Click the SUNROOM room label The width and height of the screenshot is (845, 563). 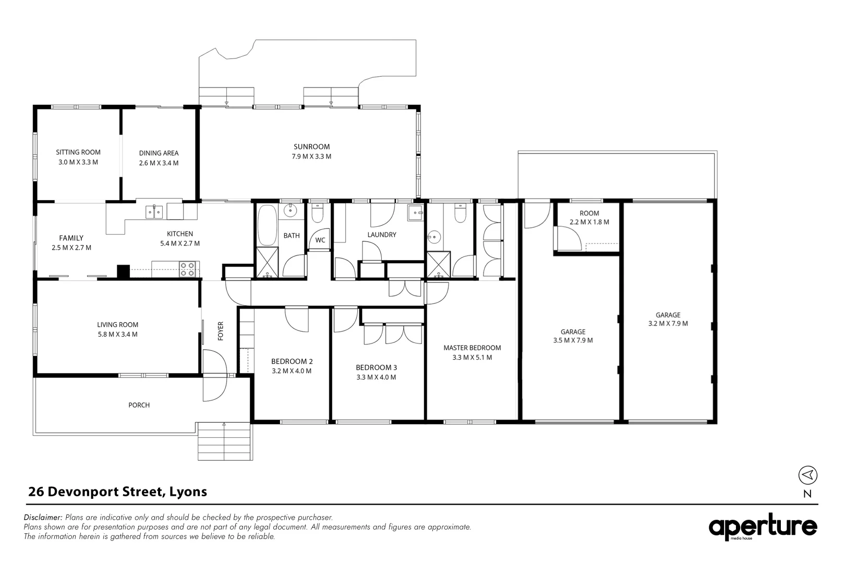click(x=311, y=146)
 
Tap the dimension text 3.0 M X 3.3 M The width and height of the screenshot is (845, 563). click(x=78, y=162)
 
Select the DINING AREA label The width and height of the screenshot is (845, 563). click(x=159, y=153)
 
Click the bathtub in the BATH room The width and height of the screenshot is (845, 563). click(x=267, y=226)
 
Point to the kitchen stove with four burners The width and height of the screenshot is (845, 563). click(x=187, y=269)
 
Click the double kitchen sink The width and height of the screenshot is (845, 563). click(x=154, y=212)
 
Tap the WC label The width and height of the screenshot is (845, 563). click(x=320, y=240)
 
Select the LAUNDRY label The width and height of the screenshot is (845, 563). click(x=382, y=235)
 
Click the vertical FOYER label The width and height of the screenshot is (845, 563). click(x=221, y=331)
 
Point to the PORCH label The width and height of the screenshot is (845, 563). click(x=139, y=405)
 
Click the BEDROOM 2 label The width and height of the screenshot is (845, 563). click(x=292, y=361)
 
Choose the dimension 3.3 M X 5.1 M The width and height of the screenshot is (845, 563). click(x=472, y=358)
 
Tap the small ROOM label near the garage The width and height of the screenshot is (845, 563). click(x=589, y=213)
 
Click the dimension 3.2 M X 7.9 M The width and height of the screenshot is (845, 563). click(x=668, y=324)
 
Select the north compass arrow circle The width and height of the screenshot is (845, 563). click(x=807, y=475)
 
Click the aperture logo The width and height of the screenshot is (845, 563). click(x=763, y=527)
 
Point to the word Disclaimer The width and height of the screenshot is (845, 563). click(x=43, y=517)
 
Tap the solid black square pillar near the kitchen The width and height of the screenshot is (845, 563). click(x=123, y=272)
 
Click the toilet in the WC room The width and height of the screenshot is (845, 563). click(x=318, y=214)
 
